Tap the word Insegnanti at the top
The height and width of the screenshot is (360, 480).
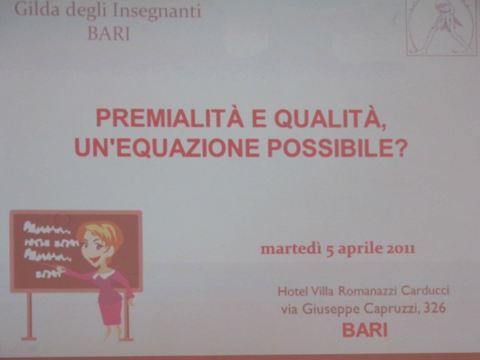pos(157,12)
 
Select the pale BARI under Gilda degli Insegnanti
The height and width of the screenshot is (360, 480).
pos(109,33)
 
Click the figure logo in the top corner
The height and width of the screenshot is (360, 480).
pos(442,27)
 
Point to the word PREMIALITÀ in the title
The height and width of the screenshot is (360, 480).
pos(170,118)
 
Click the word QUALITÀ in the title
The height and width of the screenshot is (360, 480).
pos(329,118)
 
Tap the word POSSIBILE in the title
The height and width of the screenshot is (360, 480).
pos(330,148)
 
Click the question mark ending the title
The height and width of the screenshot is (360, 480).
pos(400,148)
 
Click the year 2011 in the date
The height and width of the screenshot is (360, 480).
pos(400,248)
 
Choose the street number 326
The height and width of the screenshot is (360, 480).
pos(435,308)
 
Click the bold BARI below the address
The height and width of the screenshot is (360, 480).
pos(365,330)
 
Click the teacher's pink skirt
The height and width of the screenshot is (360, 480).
pos(112,309)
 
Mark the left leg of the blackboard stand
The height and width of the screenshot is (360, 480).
pos(29,316)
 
